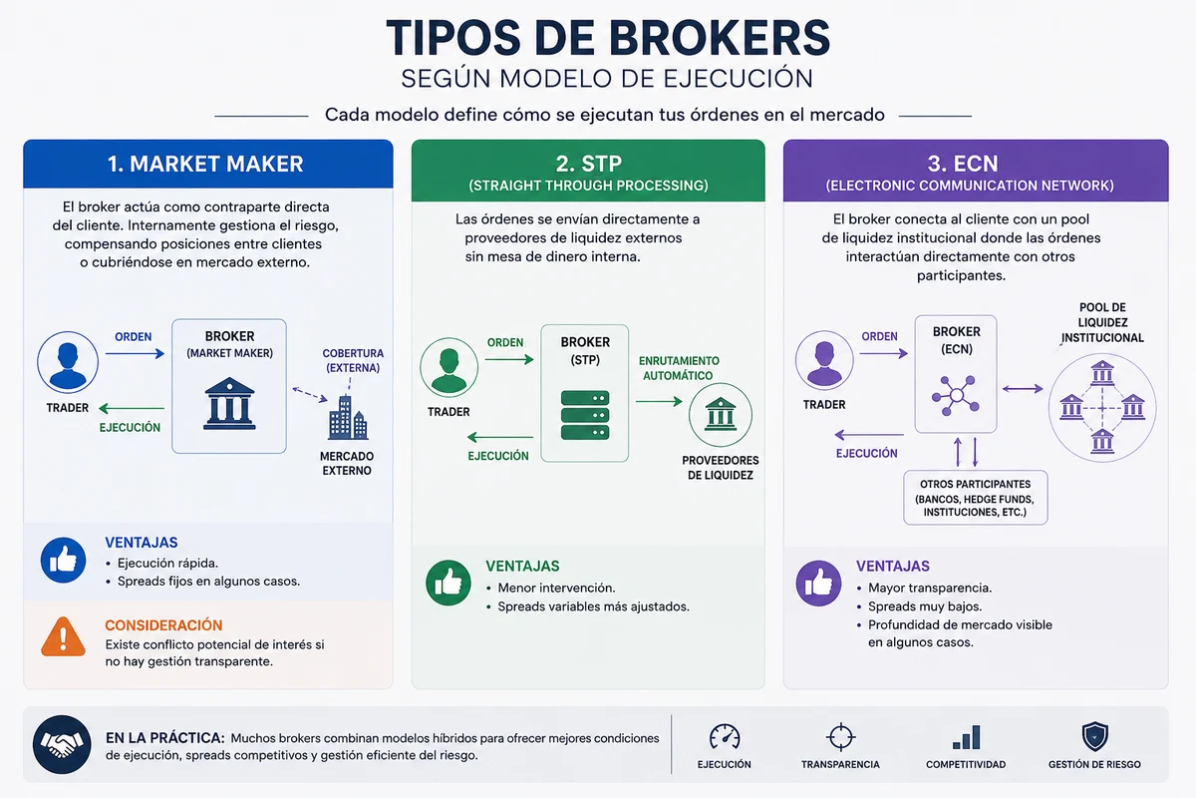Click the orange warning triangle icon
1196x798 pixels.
click(63, 636)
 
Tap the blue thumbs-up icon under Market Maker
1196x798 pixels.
click(63, 561)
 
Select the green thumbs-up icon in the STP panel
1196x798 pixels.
click(448, 583)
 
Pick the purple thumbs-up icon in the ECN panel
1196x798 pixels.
click(818, 584)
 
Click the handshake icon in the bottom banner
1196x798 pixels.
click(62, 744)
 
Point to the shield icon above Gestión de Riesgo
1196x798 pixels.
click(1095, 736)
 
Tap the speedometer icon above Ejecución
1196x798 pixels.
click(725, 736)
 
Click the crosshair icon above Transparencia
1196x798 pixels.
click(840, 737)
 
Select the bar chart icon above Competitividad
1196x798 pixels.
click(967, 737)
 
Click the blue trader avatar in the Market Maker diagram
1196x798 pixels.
click(68, 362)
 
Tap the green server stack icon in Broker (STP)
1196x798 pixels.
click(585, 415)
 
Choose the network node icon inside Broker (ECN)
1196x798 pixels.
click(956, 395)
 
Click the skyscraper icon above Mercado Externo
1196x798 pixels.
click(348, 417)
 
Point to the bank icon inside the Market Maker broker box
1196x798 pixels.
click(229, 404)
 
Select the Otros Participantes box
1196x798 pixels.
click(976, 498)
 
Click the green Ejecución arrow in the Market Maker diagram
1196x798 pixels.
click(132, 408)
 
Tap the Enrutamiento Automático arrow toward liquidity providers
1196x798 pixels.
click(659, 401)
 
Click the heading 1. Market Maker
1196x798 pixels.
click(205, 164)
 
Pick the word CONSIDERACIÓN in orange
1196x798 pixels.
click(163, 625)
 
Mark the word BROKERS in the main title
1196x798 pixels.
click(720, 38)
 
